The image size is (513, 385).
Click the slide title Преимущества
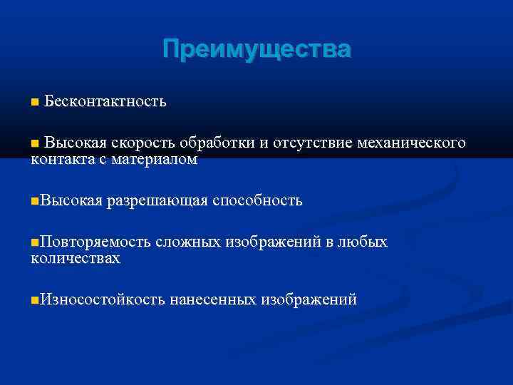tap(256, 50)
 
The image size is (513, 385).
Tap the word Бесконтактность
tap(105, 102)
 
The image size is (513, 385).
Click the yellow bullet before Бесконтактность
tap(35, 103)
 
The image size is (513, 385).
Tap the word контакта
tap(62, 160)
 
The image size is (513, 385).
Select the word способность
tap(257, 202)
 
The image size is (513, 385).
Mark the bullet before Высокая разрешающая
tap(35, 202)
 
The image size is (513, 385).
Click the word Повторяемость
tap(95, 242)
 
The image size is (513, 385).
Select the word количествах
tap(76, 259)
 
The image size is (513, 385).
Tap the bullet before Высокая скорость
tap(35, 144)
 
